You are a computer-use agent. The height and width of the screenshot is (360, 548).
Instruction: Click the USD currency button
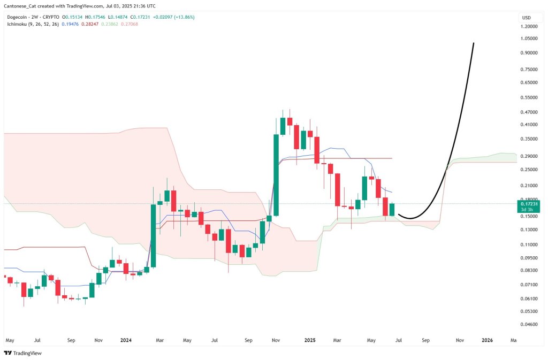[526, 18]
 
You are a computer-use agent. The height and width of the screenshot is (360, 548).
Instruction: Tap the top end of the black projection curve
[474, 43]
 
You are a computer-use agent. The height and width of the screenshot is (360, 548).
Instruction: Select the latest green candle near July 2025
[393, 209]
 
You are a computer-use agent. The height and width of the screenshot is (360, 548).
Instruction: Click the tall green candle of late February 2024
[153, 235]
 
